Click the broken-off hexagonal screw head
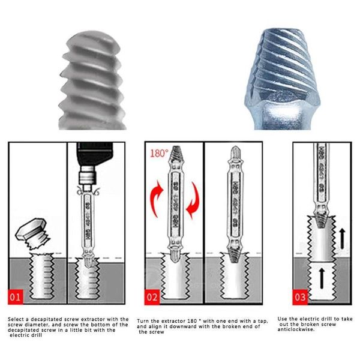click(x=32, y=236)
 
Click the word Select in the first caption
click(x=16, y=319)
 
